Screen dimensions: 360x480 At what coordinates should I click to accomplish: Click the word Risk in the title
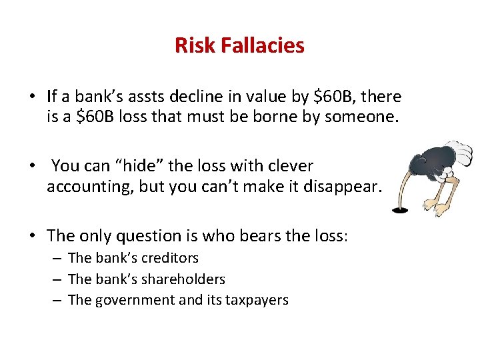click(191, 45)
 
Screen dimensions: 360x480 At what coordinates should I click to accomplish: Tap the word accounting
click(89, 187)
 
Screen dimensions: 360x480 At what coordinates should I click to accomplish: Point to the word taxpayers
click(260, 300)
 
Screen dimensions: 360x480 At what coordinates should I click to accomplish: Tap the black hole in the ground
click(399, 210)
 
